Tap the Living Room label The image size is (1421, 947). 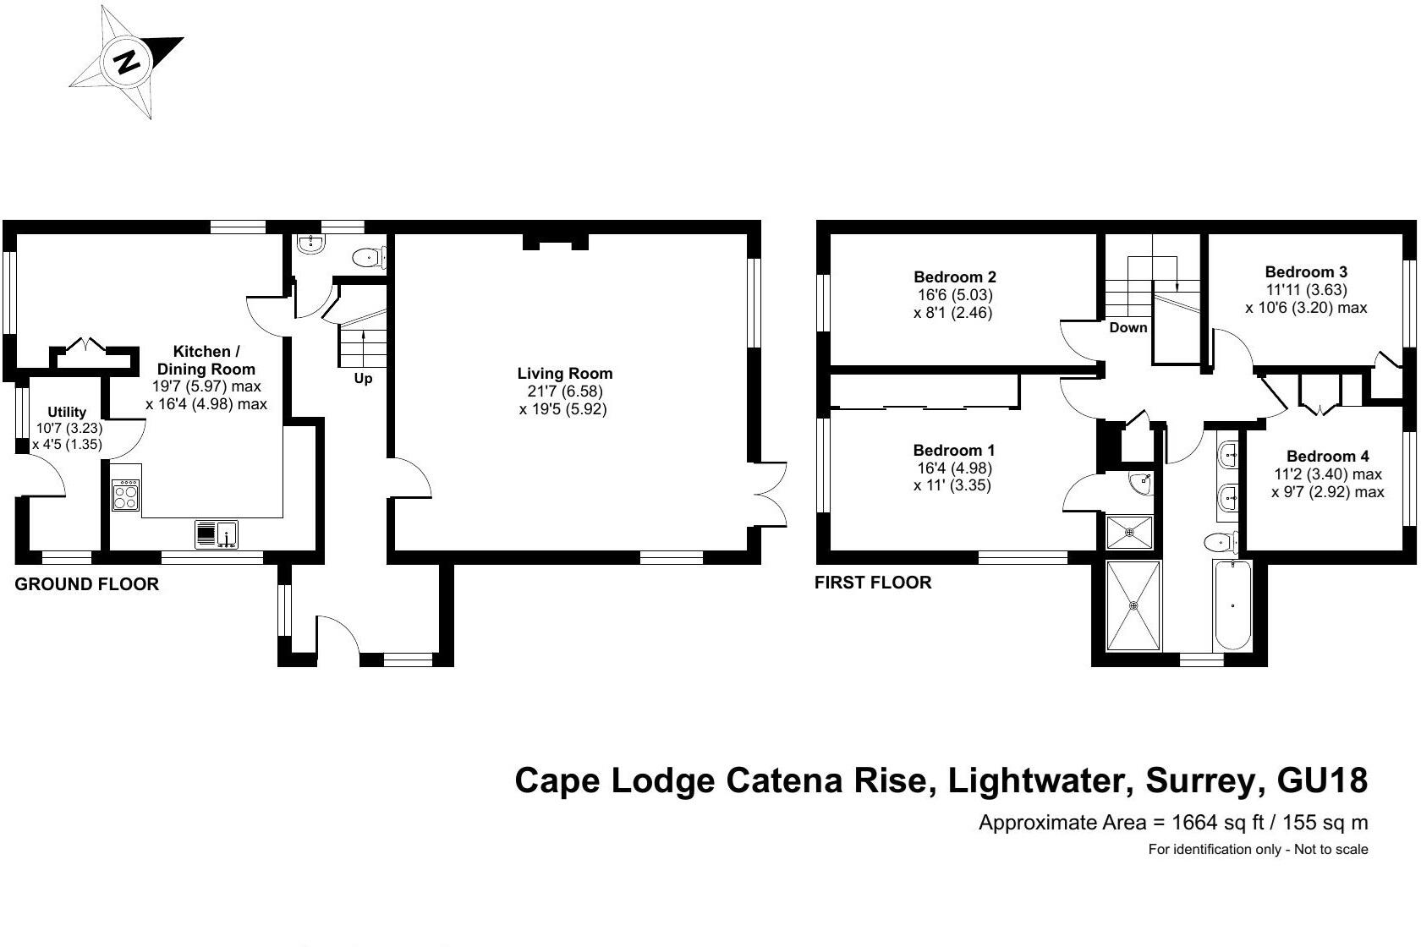click(564, 374)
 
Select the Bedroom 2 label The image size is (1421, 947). click(954, 277)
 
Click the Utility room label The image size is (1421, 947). click(67, 413)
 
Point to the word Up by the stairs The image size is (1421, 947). click(363, 379)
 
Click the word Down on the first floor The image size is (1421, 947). click(1128, 328)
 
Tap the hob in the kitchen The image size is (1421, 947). click(126, 495)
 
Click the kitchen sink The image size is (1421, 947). click(217, 534)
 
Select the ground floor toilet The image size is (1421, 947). click(370, 258)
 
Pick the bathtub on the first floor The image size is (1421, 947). click(1232, 605)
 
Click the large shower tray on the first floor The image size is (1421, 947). click(1133, 605)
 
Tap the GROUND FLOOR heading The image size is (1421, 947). click(87, 584)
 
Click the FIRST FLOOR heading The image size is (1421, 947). click(873, 583)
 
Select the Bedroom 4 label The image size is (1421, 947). click(1327, 457)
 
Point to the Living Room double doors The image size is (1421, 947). click(771, 495)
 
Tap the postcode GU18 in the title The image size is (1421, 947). click(1322, 780)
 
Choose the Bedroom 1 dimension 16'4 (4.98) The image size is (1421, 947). click(952, 468)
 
